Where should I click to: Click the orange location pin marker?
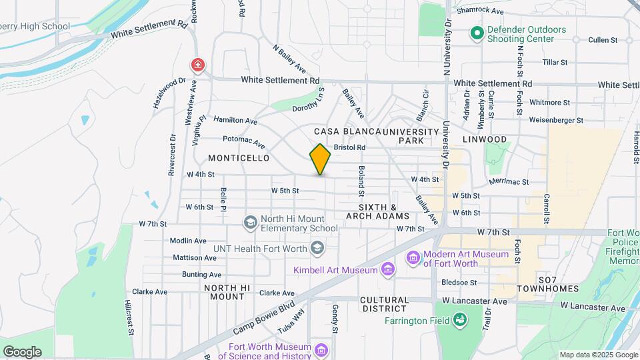click(320, 159)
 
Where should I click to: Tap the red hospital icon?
click(197, 65)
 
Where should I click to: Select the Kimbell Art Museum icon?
click(387, 269)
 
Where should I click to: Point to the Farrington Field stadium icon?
click(459, 321)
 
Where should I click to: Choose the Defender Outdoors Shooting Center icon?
click(476, 33)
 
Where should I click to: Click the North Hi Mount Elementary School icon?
click(251, 223)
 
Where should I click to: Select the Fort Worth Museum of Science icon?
click(321, 350)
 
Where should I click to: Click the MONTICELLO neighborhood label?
click(239, 158)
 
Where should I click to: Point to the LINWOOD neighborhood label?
click(485, 139)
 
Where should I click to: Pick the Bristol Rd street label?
click(350, 147)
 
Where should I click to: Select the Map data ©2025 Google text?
click(598, 355)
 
